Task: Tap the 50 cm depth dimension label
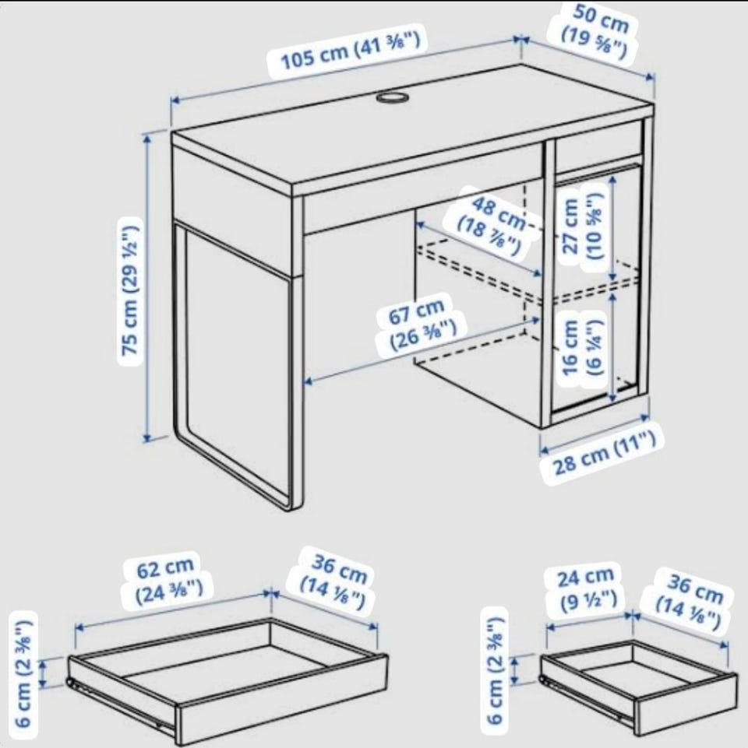click(595, 30)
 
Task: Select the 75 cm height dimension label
click(129, 290)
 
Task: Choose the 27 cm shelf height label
click(582, 226)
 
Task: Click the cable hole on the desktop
click(393, 97)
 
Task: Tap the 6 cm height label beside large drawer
click(24, 672)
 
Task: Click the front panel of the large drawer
click(282, 699)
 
